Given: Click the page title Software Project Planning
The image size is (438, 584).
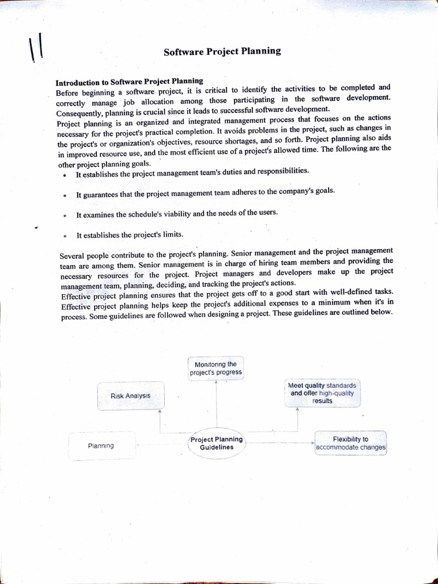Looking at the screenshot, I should pos(222,51).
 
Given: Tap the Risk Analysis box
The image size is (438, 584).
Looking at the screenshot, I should pos(131,396).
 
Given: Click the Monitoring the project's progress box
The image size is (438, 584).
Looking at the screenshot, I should pos(216,368).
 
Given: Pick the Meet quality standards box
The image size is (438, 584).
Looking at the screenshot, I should pos(322,394).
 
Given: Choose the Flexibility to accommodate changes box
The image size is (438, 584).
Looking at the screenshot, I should pos(350,443).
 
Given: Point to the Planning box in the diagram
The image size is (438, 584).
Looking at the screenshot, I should pos(102,445).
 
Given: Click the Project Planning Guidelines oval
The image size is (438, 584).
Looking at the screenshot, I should pos(217,443).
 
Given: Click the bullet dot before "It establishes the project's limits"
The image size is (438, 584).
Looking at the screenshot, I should pos(66,236).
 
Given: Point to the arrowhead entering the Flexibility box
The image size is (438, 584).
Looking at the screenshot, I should pos(313,442).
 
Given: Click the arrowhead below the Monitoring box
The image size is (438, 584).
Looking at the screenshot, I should pos(216,383).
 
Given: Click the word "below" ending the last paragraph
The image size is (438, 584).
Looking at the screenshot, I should pos(380,312).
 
